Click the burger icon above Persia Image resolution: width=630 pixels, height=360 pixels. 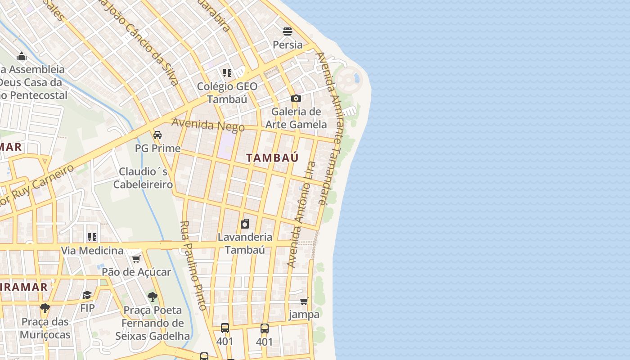[288, 31]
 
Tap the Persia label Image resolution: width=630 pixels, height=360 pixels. [288, 45]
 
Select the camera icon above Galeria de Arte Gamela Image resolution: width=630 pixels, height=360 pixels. [296, 98]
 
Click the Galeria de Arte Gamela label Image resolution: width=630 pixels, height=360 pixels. [296, 118]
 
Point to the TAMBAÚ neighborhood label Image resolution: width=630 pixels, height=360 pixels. [273, 157]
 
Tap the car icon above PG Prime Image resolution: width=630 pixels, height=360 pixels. [157, 135]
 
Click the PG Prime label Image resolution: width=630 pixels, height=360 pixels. [157, 148]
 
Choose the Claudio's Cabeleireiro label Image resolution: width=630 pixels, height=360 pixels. [143, 178]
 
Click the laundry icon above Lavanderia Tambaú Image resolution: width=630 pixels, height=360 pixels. [245, 224]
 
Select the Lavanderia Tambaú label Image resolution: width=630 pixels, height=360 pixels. [245, 243]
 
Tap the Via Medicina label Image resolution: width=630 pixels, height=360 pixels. [92, 251]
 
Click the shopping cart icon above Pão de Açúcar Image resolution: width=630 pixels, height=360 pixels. [136, 259]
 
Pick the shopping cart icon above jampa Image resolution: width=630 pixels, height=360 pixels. [304, 301]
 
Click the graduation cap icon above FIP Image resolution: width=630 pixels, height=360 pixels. [87, 295]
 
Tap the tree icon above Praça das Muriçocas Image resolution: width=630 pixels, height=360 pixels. [45, 308]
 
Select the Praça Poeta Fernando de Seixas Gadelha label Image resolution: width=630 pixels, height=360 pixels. [153, 323]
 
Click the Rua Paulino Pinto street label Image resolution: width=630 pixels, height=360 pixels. [193, 265]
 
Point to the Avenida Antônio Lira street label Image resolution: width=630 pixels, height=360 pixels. [301, 214]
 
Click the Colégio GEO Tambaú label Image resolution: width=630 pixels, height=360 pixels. [227, 93]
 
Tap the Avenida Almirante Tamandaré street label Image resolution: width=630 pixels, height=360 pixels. [329, 128]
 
